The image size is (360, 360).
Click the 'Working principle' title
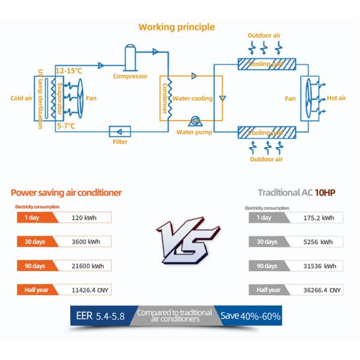[176, 27]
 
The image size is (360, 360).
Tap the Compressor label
[130, 76]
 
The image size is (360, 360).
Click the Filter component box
[120, 131]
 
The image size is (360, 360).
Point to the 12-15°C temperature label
[68, 71]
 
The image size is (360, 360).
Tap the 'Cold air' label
[21, 98]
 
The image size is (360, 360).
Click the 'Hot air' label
[336, 98]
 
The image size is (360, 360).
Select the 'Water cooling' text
[192, 98]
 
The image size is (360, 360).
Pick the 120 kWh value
[84, 218]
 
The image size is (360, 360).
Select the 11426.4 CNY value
[89, 290]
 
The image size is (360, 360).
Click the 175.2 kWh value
[319, 218]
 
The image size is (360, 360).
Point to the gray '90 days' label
[267, 266]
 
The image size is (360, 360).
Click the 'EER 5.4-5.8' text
[100, 316]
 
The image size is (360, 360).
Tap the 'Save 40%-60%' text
[250, 316]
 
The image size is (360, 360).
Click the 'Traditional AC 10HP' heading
[296, 193]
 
